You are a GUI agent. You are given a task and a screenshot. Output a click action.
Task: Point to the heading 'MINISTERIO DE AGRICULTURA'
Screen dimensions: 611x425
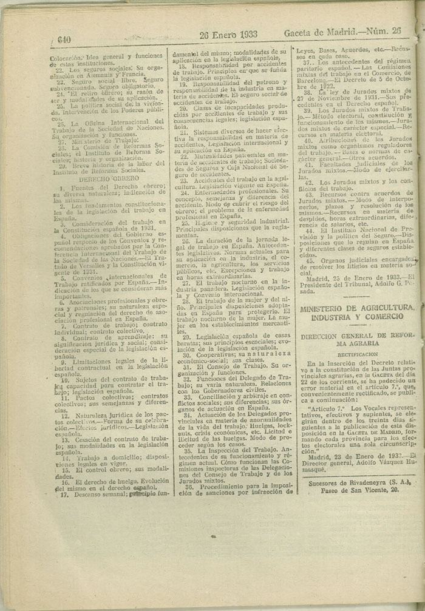[358, 308]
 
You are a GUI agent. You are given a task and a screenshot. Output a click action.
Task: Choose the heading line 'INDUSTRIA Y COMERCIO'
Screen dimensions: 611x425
[357, 317]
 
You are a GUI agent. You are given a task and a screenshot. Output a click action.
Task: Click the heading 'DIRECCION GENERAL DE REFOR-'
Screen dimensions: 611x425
[357, 336]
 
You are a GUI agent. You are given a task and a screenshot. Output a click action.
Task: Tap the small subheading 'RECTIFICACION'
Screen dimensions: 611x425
[358, 354]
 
